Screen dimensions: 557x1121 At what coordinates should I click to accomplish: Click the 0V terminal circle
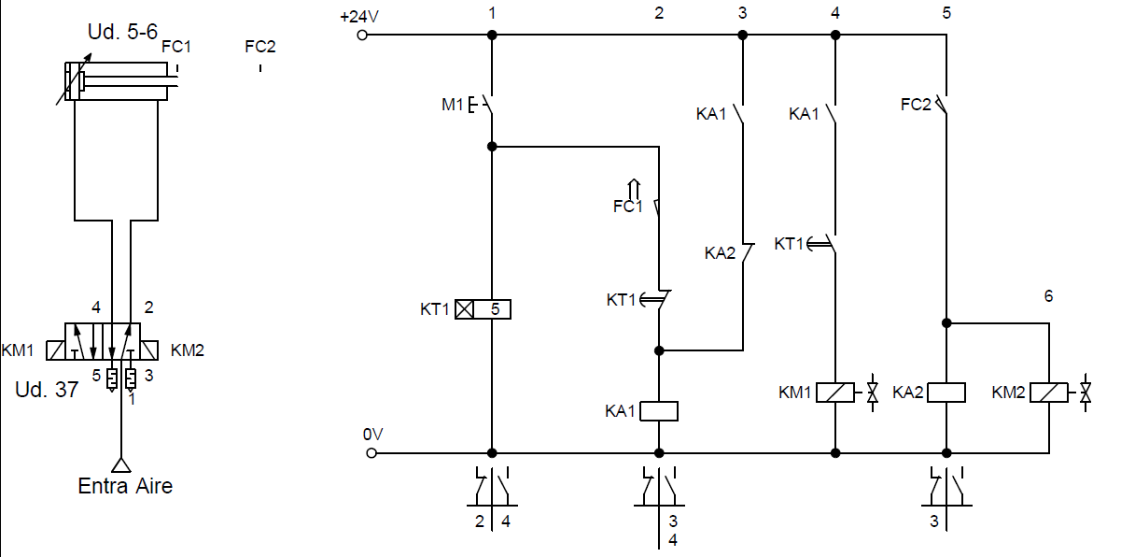tap(371, 453)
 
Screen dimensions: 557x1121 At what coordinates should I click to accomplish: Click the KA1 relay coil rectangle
tap(659, 410)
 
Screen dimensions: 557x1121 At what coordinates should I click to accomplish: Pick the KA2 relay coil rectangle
tap(946, 393)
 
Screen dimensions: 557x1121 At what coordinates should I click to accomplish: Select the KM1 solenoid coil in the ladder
tap(834, 393)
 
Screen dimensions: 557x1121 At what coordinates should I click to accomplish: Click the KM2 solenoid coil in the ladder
tap(1049, 393)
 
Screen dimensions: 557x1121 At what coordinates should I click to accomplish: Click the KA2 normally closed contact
tap(745, 253)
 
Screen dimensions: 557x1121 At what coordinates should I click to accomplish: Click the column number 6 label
tap(1048, 295)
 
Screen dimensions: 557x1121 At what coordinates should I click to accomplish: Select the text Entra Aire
tap(125, 486)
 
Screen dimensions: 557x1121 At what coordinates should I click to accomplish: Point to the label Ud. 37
tap(47, 391)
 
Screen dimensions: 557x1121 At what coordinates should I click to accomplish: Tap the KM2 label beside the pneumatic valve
tap(188, 350)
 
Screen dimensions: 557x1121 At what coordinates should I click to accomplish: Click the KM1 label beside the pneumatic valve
tap(18, 350)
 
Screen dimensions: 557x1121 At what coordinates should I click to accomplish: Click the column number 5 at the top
tap(946, 13)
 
